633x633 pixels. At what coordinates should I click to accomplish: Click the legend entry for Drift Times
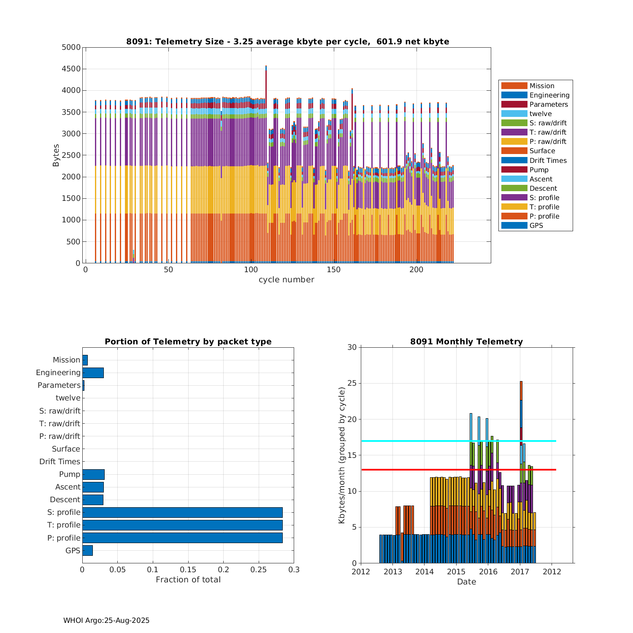tap(548, 160)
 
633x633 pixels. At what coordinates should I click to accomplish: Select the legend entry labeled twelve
tap(540, 114)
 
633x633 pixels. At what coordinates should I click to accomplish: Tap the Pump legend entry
tap(539, 170)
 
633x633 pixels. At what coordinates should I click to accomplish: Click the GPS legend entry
tap(536, 225)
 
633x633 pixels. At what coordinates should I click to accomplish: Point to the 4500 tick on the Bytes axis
tap(71, 69)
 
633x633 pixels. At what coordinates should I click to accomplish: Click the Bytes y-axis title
tap(56, 155)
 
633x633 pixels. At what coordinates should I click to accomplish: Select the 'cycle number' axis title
tap(286, 280)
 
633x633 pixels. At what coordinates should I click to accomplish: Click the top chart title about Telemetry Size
tap(287, 41)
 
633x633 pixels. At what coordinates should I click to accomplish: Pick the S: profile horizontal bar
tap(182, 512)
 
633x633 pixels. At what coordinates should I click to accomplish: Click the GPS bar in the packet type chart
tap(87, 550)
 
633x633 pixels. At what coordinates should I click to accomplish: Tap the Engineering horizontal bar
tap(93, 373)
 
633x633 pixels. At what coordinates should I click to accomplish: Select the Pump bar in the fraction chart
tap(93, 474)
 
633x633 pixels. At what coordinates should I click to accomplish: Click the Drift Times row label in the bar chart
tap(60, 462)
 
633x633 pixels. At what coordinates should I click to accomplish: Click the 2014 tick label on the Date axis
tap(424, 572)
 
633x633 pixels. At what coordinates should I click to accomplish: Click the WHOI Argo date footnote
tap(106, 620)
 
